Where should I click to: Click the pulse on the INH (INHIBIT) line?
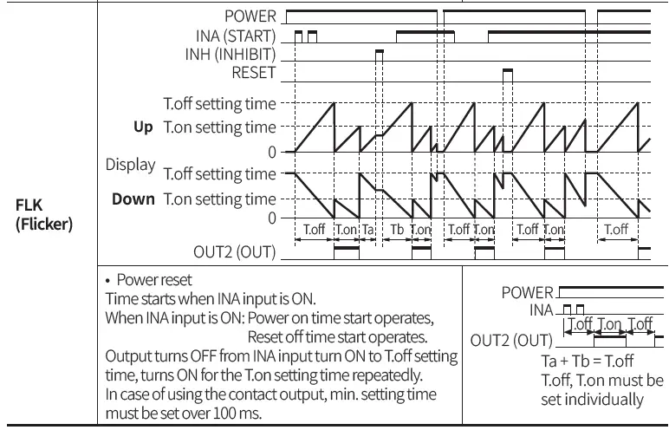[379, 53]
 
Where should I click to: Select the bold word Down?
[133, 199]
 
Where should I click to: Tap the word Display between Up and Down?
[130, 163]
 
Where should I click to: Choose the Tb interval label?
[397, 230]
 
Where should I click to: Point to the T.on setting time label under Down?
[220, 199]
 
